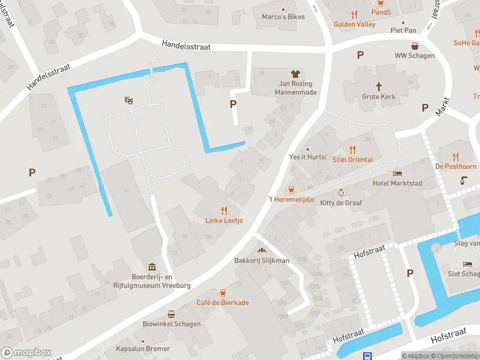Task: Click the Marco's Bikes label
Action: (x=283, y=17)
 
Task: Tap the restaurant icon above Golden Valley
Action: (x=355, y=14)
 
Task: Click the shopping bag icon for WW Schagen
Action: (x=415, y=46)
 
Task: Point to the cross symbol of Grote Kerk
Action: (x=379, y=86)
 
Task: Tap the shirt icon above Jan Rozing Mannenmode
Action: (x=295, y=74)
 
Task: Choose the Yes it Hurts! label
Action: (x=307, y=157)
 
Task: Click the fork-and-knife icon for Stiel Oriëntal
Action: (x=353, y=149)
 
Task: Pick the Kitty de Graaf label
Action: (x=341, y=203)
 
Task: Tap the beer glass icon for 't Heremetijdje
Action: (x=291, y=189)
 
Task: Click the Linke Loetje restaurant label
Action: (x=224, y=220)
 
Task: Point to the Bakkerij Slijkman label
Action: (x=262, y=260)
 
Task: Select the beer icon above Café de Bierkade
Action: (x=223, y=293)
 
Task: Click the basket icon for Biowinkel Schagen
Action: (x=172, y=314)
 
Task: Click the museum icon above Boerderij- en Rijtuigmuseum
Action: (x=152, y=267)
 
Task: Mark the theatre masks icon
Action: (x=128, y=101)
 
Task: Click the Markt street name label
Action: (x=443, y=109)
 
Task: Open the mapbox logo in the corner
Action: (x=26, y=353)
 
